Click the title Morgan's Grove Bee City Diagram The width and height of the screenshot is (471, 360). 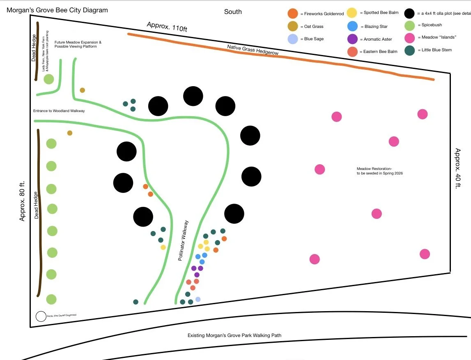pos(57,10)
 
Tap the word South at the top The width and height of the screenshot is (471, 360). pos(233,11)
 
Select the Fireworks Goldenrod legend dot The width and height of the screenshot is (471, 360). pos(293,14)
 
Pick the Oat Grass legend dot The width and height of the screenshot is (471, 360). pos(293,26)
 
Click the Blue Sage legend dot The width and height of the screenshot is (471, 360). pos(293,39)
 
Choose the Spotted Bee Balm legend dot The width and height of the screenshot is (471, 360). pos(352,13)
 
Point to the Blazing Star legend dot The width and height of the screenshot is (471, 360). pos(352,26)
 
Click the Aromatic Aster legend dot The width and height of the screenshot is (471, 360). pos(352,39)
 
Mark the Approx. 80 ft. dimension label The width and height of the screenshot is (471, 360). pos(22,201)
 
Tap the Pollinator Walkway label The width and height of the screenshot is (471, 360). pos(184,241)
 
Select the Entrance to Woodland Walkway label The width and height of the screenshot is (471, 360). pos(59,111)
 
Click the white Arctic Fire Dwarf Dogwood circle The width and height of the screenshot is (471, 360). pos(41,316)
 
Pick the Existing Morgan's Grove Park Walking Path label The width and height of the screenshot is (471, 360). pos(234,335)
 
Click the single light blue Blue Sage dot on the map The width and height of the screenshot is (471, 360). pos(198,299)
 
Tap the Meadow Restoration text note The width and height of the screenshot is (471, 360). pos(379,171)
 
